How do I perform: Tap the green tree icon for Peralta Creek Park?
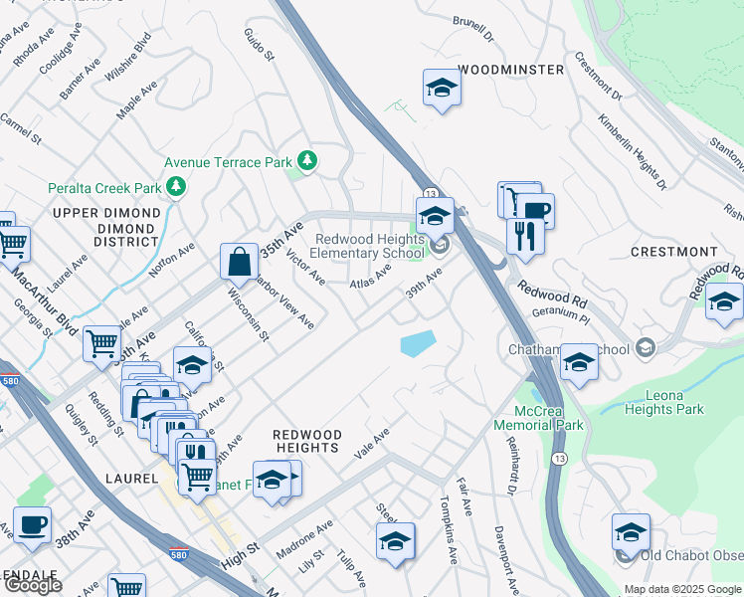click(x=177, y=186)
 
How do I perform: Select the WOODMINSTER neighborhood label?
click(x=510, y=70)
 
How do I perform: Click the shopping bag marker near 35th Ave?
click(x=239, y=263)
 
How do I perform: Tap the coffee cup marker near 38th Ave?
click(x=33, y=524)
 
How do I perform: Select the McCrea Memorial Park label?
click(x=548, y=418)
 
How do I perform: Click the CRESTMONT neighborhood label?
click(x=673, y=252)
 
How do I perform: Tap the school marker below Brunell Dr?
click(x=441, y=89)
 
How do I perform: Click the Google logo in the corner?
click(x=33, y=585)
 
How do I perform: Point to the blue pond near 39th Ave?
click(x=418, y=344)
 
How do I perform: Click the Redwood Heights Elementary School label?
click(x=369, y=246)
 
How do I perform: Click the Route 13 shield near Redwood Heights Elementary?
click(x=430, y=192)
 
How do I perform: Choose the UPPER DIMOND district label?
click(x=106, y=213)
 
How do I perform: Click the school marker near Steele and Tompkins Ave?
click(x=395, y=543)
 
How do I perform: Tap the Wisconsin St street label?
click(x=249, y=314)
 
